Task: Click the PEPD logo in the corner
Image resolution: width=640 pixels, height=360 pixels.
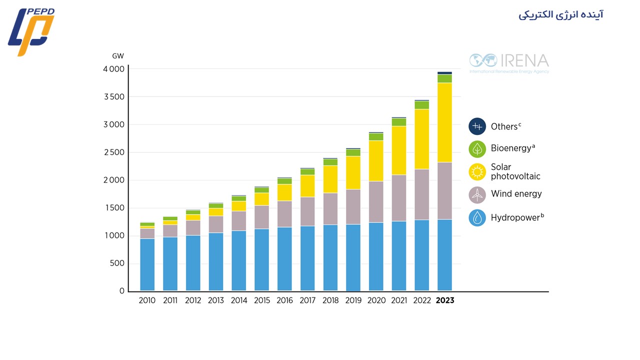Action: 31,31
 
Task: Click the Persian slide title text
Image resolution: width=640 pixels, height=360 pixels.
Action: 560,14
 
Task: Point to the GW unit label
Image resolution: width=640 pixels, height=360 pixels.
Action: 117,56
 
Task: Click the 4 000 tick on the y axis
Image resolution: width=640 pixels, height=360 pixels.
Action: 114,69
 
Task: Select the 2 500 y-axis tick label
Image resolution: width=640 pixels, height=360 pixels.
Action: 114,152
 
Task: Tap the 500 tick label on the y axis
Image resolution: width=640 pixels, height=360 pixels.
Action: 117,263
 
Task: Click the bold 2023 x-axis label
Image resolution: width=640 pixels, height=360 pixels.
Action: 445,301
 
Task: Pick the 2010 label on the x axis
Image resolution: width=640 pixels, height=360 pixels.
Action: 147,301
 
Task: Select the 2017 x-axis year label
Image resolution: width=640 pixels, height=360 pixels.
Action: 307,301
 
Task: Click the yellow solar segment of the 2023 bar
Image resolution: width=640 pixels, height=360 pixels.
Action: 444,122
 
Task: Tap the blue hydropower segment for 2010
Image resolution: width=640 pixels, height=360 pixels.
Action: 147,265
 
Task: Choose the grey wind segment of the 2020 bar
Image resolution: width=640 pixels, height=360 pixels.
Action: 376,202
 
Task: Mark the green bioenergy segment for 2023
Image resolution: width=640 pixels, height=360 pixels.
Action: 444,78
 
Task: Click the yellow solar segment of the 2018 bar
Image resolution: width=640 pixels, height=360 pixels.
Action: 330,179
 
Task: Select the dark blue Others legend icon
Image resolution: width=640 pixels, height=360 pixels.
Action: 477,126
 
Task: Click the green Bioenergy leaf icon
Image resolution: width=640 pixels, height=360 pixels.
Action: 477,148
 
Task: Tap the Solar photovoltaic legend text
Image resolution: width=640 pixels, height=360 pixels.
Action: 515,171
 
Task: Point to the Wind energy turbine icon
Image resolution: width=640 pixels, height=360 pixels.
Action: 477,194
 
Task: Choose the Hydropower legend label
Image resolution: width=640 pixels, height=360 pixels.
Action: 517,217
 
